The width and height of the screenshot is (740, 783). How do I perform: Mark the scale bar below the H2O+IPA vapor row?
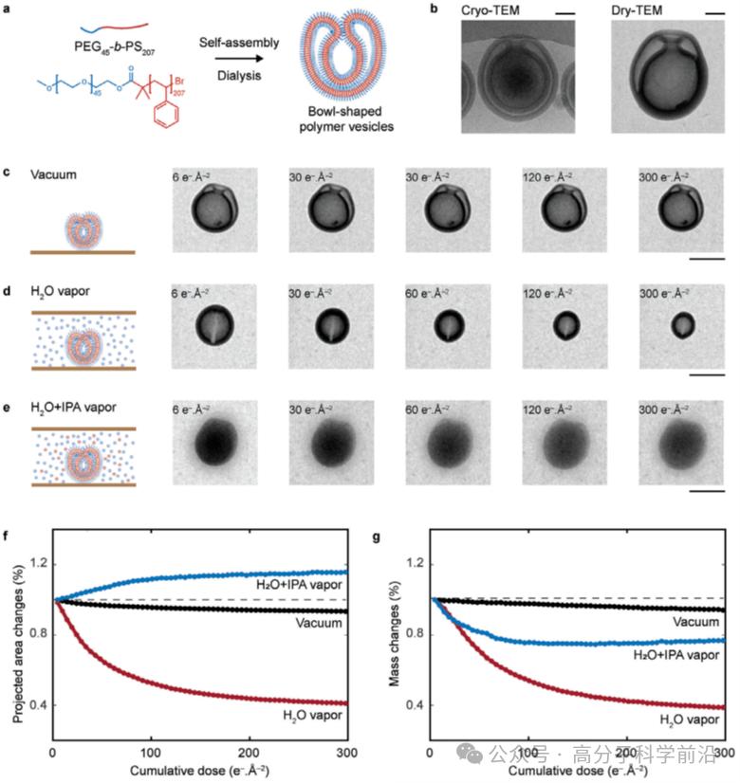(707, 491)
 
